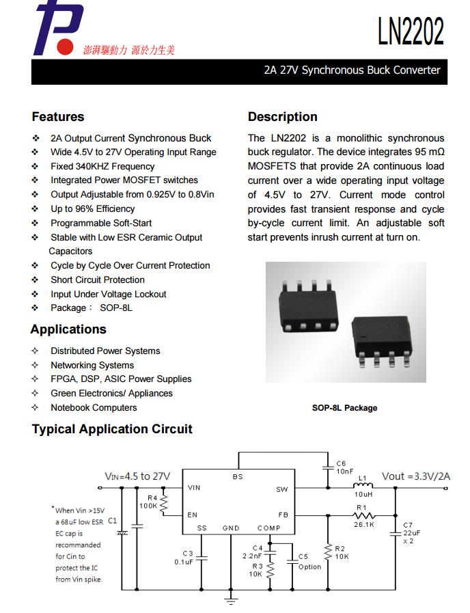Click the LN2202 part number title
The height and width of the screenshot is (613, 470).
[411, 31]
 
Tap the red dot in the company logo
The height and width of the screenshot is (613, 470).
[66, 46]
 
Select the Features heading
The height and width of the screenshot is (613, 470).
[58, 117]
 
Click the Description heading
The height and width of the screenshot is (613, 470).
[282, 117]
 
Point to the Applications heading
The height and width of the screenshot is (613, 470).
[68, 329]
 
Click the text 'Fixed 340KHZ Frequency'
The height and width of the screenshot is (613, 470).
[102, 166]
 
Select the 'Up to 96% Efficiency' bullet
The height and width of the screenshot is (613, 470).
[92, 208]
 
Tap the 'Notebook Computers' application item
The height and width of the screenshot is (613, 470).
[94, 407]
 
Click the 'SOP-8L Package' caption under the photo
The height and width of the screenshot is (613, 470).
[344, 408]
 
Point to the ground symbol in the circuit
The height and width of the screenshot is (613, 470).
[231, 599]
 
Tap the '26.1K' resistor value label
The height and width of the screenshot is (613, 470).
[363, 525]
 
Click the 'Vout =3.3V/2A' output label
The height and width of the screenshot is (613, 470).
[416, 476]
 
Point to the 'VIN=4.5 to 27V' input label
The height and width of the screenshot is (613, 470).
[137, 476]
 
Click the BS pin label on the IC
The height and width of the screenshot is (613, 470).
[238, 477]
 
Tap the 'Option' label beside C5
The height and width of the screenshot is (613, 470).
[309, 567]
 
